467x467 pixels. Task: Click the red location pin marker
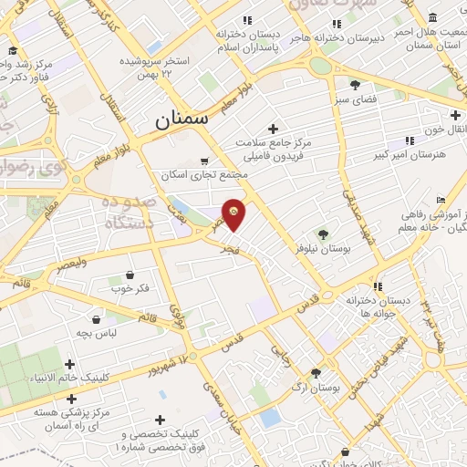tap(234, 213)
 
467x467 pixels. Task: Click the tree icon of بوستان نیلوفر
tap(320, 234)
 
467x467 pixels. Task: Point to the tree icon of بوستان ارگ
tap(316, 372)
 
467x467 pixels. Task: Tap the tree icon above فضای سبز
tap(355, 84)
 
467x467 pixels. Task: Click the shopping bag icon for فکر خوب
tap(130, 275)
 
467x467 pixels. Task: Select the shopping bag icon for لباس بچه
tap(96, 319)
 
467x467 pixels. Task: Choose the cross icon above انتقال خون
tap(454, 116)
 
